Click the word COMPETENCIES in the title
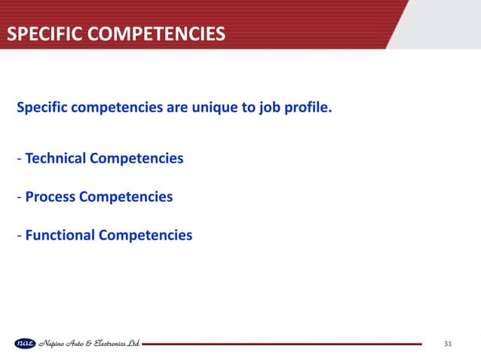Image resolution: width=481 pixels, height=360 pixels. tap(154, 34)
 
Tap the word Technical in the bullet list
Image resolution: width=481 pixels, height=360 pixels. tap(56, 159)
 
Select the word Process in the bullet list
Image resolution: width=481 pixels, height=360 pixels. tap(50, 197)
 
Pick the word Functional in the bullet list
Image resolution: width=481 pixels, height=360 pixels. tap(60, 236)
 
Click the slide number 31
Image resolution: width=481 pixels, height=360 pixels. tap(448, 344)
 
